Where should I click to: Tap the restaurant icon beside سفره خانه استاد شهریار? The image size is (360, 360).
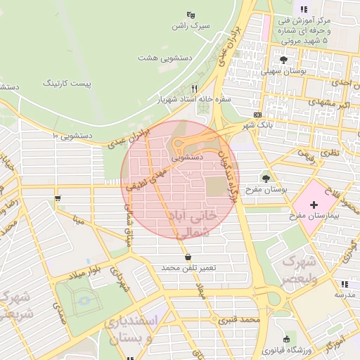[194, 89]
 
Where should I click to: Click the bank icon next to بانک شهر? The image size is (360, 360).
[257, 114]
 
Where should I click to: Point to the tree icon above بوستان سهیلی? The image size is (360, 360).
[283, 60]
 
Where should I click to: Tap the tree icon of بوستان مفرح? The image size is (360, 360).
[266, 178]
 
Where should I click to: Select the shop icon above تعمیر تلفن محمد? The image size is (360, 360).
[187, 257]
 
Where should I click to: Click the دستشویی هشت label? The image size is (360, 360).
[160, 56]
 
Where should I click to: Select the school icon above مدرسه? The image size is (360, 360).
[345, 285]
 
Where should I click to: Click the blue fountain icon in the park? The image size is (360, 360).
[85, 300]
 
